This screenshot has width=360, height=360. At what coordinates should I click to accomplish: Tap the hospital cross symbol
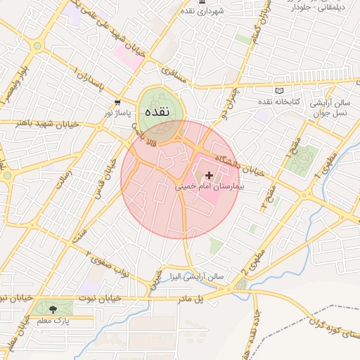[209, 174]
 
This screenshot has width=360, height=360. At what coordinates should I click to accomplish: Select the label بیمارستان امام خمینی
[207, 188]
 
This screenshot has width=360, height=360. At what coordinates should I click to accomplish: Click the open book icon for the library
[279, 91]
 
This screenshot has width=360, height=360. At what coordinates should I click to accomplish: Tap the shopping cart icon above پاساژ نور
[118, 102]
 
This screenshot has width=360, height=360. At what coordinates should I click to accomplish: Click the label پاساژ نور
[118, 112]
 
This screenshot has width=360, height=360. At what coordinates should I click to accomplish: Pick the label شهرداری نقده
[201, 12]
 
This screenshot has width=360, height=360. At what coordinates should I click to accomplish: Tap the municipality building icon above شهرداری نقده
[202, 3]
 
